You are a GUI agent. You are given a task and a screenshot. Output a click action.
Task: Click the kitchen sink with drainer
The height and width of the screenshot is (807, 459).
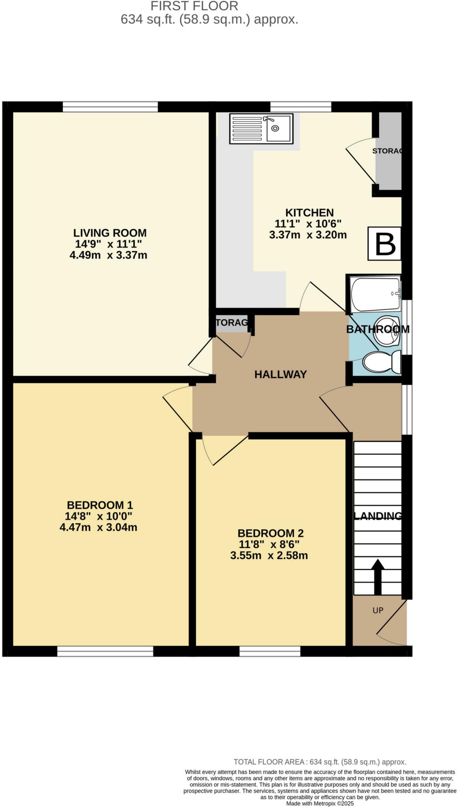tap(260, 128)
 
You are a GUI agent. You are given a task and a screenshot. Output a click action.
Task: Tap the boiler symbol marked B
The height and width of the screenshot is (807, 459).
tap(385, 244)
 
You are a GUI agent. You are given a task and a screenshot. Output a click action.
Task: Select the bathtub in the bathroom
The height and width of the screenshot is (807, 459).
tap(375, 294)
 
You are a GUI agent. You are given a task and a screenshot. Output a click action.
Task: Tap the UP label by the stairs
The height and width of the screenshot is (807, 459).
tap(377, 610)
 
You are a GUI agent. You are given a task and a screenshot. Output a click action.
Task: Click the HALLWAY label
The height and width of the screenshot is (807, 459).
tap(280, 374)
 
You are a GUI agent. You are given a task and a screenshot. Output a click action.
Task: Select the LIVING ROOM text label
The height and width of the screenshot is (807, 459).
tap(110, 232)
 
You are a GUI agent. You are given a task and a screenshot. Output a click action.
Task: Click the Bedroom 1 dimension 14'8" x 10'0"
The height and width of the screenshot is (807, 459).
tap(98, 516)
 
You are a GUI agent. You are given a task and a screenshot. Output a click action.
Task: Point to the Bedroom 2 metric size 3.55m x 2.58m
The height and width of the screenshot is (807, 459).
tap(269, 556)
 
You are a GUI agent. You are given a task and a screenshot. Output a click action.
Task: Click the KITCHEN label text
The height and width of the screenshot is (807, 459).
tap(309, 213)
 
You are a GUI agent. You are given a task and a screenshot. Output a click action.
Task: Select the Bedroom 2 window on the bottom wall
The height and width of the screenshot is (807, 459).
tap(269, 651)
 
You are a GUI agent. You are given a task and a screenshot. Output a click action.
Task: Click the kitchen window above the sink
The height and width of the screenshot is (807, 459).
tap(300, 107)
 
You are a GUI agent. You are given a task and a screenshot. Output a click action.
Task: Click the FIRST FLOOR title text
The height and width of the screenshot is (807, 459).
tap(194, 6)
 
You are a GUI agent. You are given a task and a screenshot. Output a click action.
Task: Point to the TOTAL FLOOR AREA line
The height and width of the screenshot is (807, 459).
tap(320, 762)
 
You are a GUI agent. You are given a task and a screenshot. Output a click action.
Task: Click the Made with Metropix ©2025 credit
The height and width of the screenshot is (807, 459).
tap(320, 803)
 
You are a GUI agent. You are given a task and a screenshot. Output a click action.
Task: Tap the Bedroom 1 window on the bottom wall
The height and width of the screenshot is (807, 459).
tap(105, 651)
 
